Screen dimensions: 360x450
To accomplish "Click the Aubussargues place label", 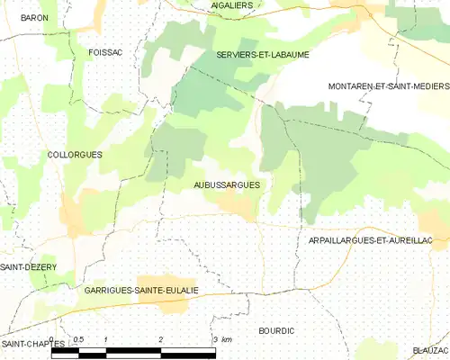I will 227,184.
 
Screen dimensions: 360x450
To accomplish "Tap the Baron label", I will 33,18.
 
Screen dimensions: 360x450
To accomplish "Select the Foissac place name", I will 105,53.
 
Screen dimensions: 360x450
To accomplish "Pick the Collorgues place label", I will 75,155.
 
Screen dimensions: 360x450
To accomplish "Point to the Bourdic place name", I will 276,331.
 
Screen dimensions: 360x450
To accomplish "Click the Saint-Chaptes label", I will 32,344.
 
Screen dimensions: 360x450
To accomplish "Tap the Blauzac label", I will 430,350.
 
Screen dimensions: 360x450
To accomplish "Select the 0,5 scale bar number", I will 79,339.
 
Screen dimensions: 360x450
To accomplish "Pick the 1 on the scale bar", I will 106,339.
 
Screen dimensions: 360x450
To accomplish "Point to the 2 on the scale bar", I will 160,339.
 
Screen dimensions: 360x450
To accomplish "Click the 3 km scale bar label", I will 221,339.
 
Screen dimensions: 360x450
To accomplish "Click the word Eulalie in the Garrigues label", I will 178,291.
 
